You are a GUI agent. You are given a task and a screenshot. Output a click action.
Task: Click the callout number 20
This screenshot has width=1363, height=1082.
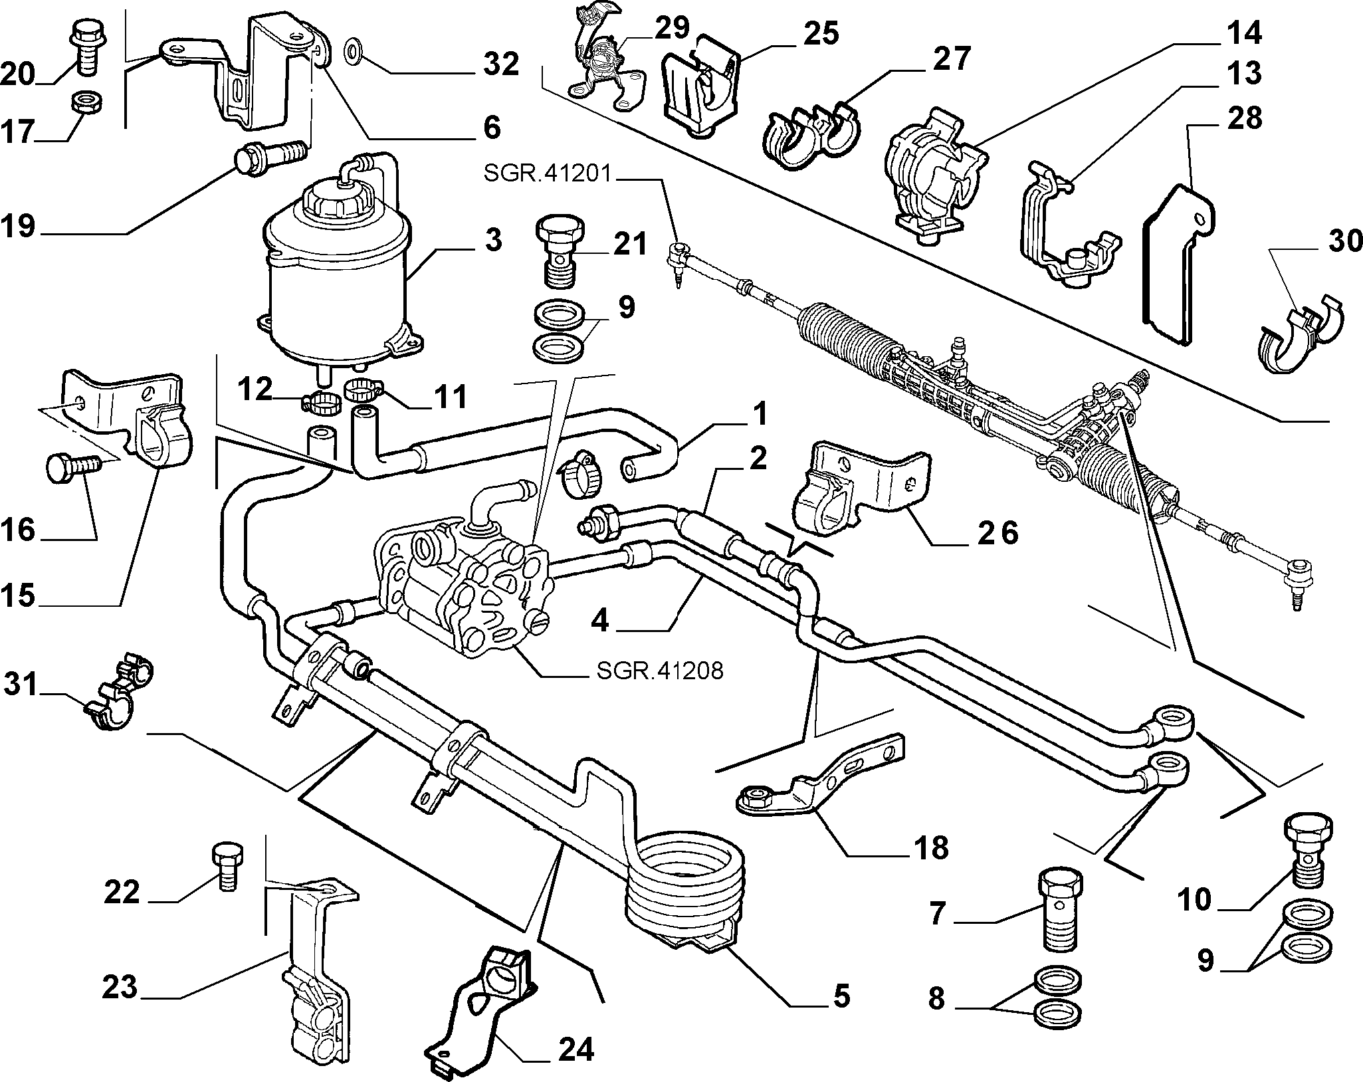click(x=17, y=73)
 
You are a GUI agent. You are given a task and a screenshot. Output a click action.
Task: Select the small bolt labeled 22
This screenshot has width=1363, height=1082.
click(x=227, y=865)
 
